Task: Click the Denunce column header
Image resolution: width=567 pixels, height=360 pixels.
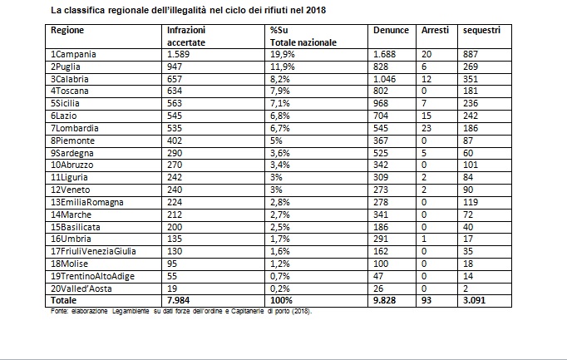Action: [x=391, y=31]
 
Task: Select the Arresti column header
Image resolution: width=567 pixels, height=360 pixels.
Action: [x=435, y=31]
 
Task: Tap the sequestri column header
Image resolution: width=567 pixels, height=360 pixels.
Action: [x=481, y=31]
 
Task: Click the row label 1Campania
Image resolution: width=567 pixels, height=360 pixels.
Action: [x=73, y=55]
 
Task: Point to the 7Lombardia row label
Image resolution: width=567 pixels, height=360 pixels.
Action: [x=75, y=128]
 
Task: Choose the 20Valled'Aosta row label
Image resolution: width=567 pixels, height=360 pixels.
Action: [x=81, y=288]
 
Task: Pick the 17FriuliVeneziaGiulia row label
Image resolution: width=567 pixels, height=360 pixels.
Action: [x=93, y=251]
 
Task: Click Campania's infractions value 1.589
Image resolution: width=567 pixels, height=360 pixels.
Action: [x=178, y=55]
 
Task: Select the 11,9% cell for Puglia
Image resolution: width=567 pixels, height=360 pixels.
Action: [x=283, y=67]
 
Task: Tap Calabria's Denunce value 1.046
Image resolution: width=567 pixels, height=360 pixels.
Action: [x=384, y=79]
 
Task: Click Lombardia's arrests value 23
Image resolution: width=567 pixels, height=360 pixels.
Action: [x=426, y=128]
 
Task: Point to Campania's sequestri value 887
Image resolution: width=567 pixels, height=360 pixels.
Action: [x=471, y=55]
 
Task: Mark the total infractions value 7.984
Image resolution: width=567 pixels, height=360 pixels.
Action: [x=178, y=300]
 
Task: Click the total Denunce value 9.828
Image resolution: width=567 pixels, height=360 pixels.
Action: [x=384, y=300]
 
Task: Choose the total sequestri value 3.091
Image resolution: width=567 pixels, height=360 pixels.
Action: [x=475, y=300]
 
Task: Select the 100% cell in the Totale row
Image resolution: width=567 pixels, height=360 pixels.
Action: [x=281, y=300]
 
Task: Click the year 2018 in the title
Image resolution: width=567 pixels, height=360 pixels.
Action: [x=316, y=10]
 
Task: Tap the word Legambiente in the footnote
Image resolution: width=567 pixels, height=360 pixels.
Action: [x=131, y=311]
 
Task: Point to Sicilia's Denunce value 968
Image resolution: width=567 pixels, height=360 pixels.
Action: [x=381, y=103]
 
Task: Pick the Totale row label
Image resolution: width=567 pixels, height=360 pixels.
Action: [x=64, y=300]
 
